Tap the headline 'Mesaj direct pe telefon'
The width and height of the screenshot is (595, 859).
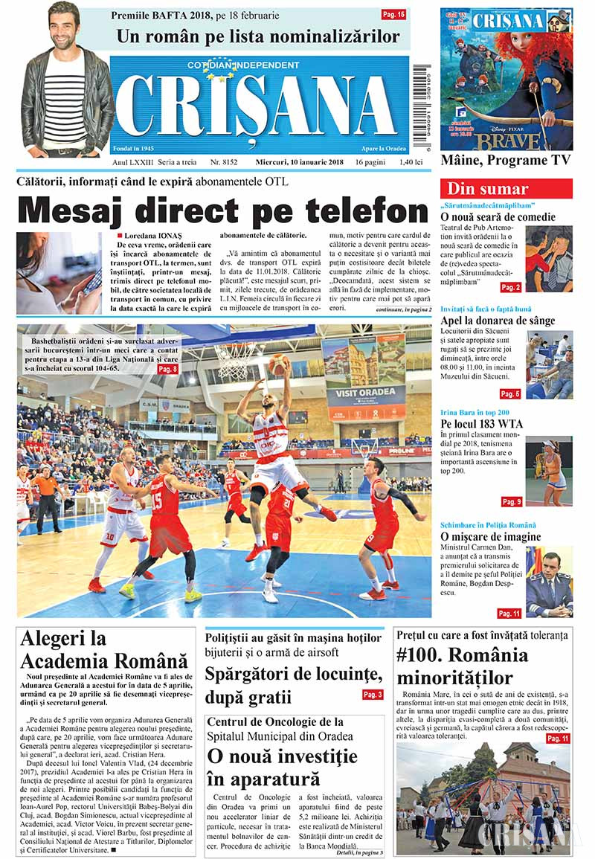(223, 211)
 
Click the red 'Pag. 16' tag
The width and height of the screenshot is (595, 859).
(393, 14)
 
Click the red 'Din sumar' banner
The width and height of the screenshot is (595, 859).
(506, 189)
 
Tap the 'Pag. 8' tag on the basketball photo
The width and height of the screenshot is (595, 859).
(167, 368)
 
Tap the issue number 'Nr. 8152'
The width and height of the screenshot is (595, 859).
(224, 161)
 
